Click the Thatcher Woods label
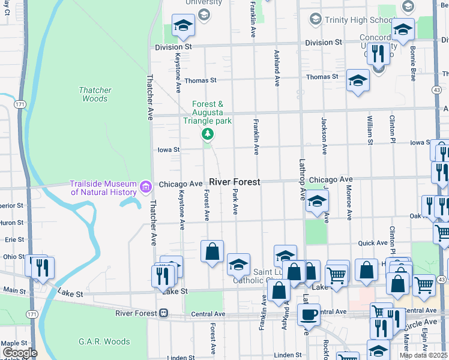click(95, 94)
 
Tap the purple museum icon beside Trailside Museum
click(145, 188)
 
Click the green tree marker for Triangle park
click(207, 133)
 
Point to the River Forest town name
click(234, 182)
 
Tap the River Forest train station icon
click(163, 313)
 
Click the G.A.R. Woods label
click(104, 341)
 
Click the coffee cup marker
click(309, 315)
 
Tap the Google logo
click(19, 353)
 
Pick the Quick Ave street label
click(373, 243)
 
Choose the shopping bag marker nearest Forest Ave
click(212, 251)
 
